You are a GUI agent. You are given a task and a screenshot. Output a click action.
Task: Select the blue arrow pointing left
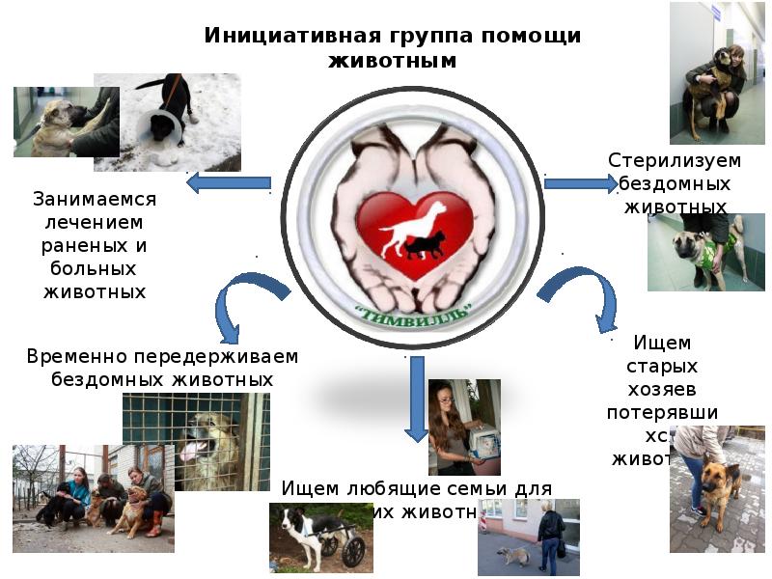point(228,181)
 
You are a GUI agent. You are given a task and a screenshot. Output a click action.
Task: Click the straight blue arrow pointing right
point(580,182)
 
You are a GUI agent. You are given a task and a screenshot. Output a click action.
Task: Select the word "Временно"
point(78,356)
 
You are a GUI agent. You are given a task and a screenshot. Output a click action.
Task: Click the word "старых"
point(662,366)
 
